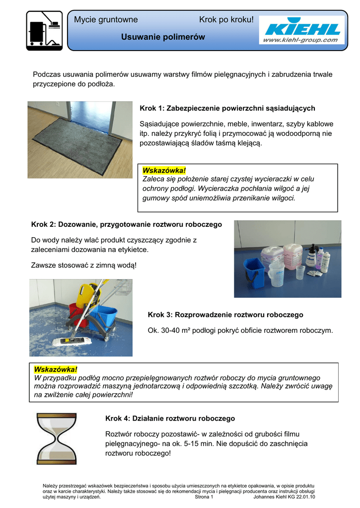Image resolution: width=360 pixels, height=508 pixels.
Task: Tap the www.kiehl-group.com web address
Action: pos(300,40)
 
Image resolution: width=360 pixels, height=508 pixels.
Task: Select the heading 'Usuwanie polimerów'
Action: pos(163,37)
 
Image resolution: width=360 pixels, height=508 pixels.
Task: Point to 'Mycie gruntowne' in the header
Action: pos(106,20)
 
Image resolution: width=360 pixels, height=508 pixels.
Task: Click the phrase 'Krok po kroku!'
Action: pos(226,20)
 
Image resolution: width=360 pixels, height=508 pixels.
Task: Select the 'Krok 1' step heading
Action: pos(227,108)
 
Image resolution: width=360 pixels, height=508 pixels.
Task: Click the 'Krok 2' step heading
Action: pos(127,225)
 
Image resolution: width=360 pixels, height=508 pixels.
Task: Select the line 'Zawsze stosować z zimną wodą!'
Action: pos(83,265)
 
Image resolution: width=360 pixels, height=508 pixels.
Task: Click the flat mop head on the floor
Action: pos(67,342)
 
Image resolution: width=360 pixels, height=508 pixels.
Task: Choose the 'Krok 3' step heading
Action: pos(225,315)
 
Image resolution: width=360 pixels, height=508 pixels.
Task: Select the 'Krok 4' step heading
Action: pos(170,419)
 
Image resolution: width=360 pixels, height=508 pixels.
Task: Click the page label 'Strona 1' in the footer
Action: pos(204,497)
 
